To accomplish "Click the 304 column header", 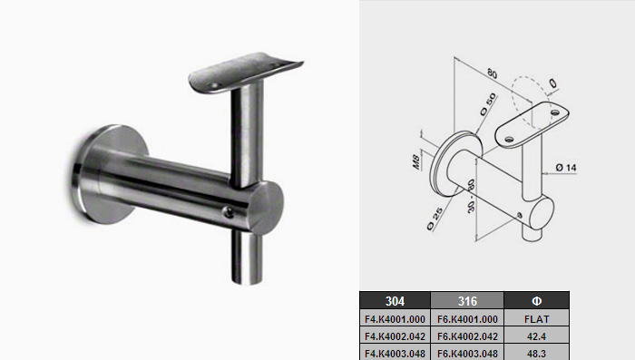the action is pyautogui.click(x=395, y=301).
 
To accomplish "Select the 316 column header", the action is pyautogui.click(x=467, y=301).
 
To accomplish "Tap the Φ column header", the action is pyautogui.click(x=537, y=301).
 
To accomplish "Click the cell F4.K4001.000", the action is pyautogui.click(x=395, y=319).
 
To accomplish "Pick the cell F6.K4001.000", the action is pyautogui.click(x=467, y=319).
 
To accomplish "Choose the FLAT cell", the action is pyautogui.click(x=537, y=319).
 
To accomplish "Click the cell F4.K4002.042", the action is pyautogui.click(x=395, y=336).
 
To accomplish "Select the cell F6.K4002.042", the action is pyautogui.click(x=467, y=336).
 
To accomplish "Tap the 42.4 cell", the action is pyautogui.click(x=537, y=336).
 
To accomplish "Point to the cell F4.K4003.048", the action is pyautogui.click(x=395, y=353).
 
